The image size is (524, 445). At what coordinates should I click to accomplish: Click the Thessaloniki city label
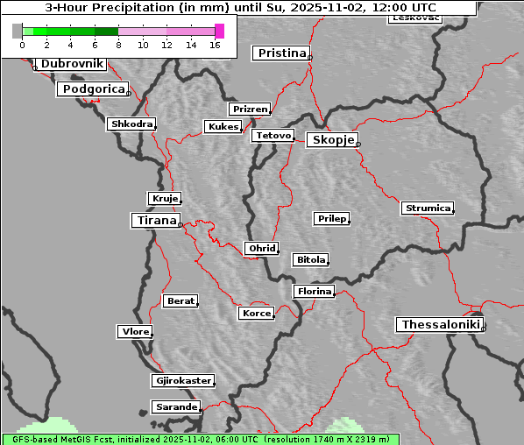pos(441,325)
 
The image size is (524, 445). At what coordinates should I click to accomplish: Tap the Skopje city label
pos(332,140)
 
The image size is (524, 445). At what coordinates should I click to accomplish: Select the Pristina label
pos(281,53)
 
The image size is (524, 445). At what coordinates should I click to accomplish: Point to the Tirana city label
pos(155,220)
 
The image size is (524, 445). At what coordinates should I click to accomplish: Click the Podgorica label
pos(93,89)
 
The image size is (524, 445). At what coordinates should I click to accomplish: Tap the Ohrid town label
pos(261,249)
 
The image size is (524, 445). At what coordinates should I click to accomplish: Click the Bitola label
pos(310,260)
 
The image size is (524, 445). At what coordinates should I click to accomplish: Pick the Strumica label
pos(428,208)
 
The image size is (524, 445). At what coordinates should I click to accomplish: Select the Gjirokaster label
pos(182,381)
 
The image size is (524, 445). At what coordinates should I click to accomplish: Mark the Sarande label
pos(175,407)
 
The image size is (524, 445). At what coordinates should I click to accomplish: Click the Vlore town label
pos(135,332)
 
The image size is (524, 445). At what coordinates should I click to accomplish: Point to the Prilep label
pos(332,218)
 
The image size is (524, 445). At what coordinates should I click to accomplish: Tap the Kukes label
pos(223,127)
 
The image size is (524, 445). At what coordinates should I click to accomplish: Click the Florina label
pos(314,291)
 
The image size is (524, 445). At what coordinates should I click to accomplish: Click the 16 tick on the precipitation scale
pos(215,45)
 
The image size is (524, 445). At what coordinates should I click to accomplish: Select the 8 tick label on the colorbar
pos(118,45)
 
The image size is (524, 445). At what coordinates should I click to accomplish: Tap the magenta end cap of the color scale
pos(219,31)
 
